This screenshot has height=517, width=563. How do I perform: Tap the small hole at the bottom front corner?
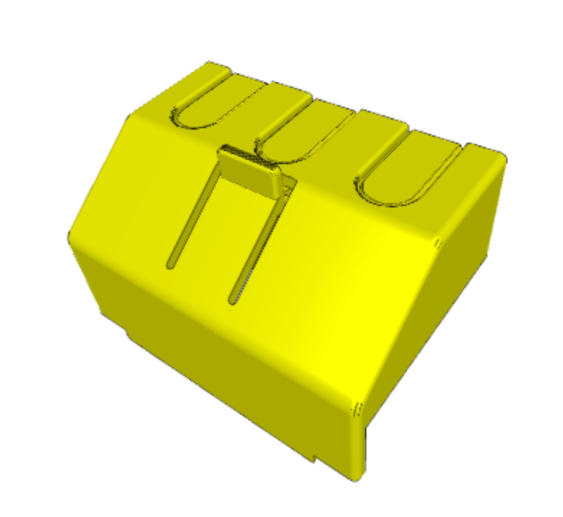tap(355, 410)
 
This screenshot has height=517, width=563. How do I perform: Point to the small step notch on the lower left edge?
tap(128, 333)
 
